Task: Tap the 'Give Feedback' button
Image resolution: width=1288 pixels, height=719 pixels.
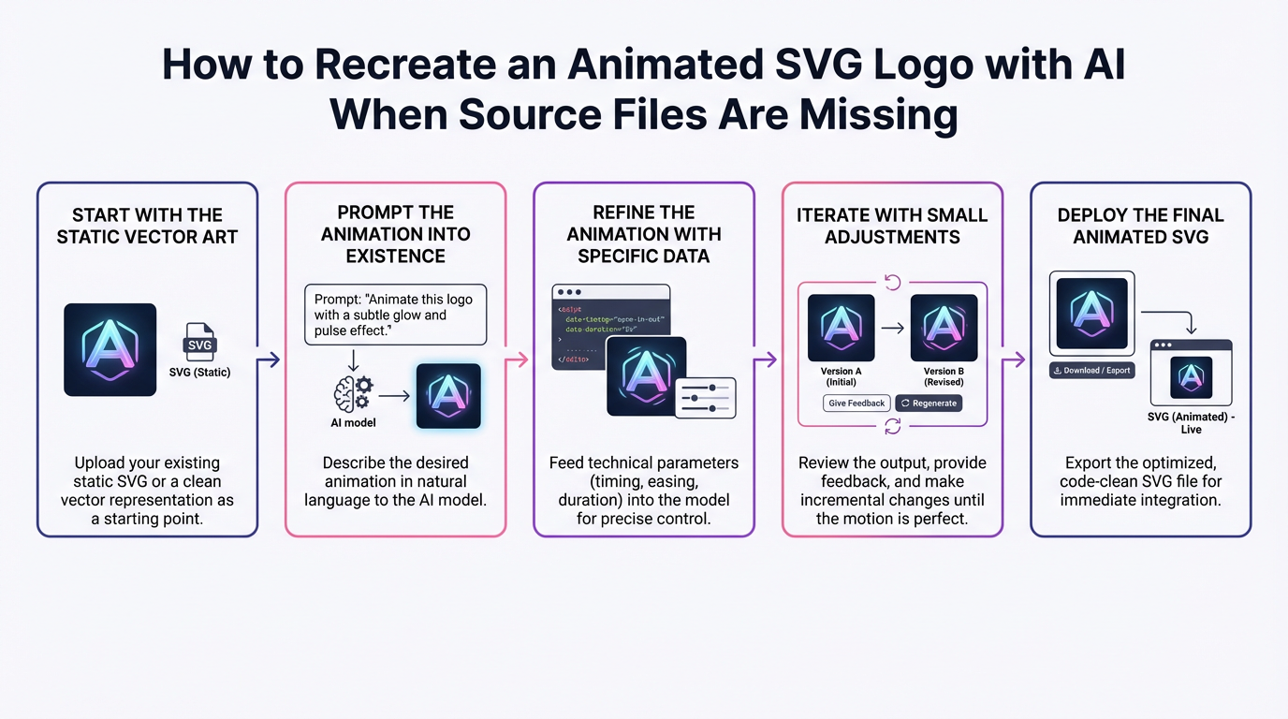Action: coord(856,404)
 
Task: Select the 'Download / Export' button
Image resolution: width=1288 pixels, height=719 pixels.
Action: coord(1092,371)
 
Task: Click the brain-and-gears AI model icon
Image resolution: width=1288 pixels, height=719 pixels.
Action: coord(353,393)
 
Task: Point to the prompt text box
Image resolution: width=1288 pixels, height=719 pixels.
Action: coord(395,315)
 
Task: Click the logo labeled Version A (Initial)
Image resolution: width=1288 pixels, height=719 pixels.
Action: coord(841,328)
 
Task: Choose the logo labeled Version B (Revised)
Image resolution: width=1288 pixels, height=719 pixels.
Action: coord(944,328)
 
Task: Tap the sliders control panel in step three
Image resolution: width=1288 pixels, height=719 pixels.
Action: coord(706,398)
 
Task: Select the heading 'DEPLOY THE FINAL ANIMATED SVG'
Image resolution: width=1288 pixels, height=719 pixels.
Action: coord(1140,226)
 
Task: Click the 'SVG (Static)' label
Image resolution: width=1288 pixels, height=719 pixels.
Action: coord(200,373)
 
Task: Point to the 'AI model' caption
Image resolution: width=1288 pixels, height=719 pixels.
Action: coord(354,423)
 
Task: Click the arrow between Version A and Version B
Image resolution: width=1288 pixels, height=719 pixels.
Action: coord(892,329)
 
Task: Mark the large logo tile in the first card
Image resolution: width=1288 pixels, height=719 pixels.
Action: coord(110,349)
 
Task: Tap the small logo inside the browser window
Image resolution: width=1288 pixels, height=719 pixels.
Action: coord(1191,377)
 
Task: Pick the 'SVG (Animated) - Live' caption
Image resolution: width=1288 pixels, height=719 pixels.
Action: coord(1191,423)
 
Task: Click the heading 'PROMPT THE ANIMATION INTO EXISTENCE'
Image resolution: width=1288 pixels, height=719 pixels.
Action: coord(395,234)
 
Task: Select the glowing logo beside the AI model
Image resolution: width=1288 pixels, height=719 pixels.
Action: coord(447,396)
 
